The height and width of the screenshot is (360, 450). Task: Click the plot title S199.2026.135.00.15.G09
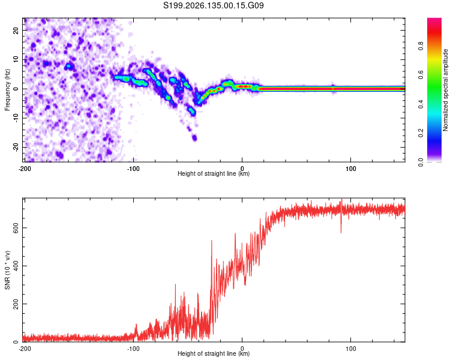213,5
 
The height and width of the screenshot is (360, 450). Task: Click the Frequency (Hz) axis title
7,90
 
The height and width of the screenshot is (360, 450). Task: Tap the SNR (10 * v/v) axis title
7,270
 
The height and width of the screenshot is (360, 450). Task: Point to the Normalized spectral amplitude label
445,90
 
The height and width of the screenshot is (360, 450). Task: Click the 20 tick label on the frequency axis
16,30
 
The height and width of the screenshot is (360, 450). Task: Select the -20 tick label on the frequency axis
16,147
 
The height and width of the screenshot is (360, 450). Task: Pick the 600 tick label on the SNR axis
16,227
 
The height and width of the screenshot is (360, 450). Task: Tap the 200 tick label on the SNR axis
16,304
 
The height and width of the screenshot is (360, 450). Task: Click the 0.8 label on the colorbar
421,46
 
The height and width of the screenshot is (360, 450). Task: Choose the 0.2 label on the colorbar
421,133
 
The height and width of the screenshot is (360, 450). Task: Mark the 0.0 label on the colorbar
421,162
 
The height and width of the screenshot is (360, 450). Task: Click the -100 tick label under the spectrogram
133,169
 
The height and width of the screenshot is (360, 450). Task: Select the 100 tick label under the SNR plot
351,349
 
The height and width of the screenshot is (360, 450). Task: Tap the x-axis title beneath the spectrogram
214,173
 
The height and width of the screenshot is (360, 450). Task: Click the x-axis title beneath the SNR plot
214,353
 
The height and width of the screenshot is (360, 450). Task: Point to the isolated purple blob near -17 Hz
194,138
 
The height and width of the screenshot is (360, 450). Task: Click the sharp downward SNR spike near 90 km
341,227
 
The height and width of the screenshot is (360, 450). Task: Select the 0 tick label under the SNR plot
242,349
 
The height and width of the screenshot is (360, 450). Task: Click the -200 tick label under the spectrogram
25,169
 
